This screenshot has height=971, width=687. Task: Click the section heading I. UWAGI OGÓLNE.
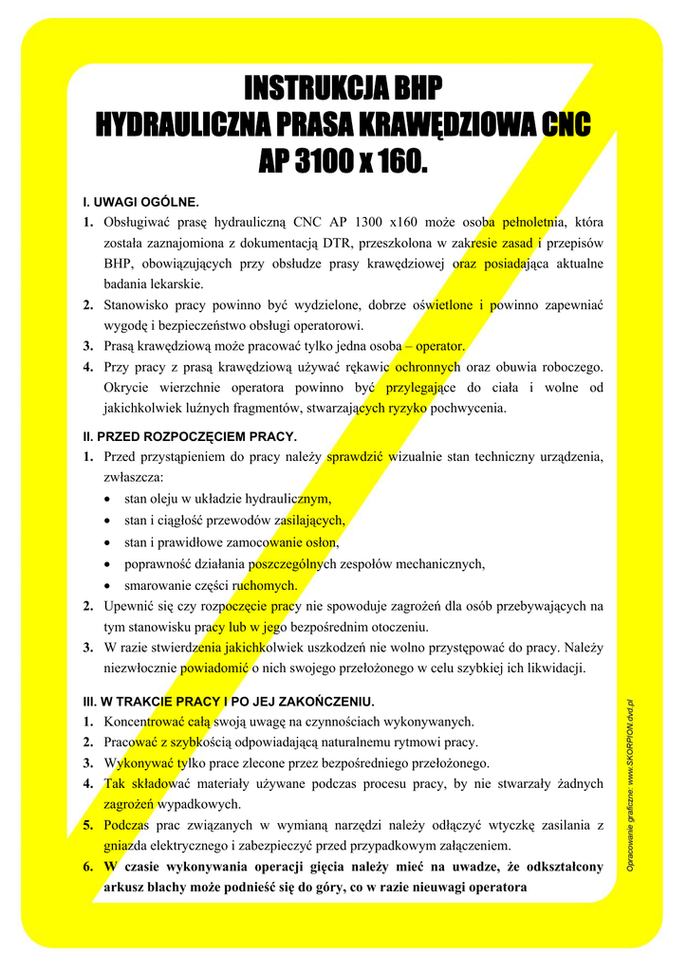(141, 202)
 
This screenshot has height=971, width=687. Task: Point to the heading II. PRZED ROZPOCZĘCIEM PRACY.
(191, 436)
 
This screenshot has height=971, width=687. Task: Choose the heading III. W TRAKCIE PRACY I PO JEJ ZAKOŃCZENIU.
(229, 702)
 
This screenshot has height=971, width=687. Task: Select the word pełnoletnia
(533, 222)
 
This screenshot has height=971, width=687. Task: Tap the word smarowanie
(158, 585)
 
